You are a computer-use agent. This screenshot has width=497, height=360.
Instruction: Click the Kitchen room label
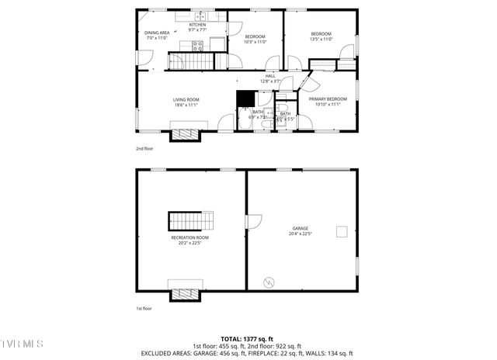197,25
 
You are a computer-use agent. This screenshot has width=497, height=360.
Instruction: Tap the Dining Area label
157,33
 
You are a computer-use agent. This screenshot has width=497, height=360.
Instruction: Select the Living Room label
186,99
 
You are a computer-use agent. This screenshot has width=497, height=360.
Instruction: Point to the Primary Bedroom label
327,99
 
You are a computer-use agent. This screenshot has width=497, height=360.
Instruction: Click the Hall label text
270,76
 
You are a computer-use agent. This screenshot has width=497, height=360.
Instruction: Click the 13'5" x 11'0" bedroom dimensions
321,39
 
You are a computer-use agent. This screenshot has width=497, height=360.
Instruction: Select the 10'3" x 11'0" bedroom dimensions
255,42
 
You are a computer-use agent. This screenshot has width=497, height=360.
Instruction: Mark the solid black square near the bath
245,99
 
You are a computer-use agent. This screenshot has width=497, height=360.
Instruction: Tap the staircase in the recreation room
190,220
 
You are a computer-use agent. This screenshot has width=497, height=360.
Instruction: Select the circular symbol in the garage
269,282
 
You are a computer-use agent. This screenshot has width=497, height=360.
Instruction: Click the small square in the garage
341,230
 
